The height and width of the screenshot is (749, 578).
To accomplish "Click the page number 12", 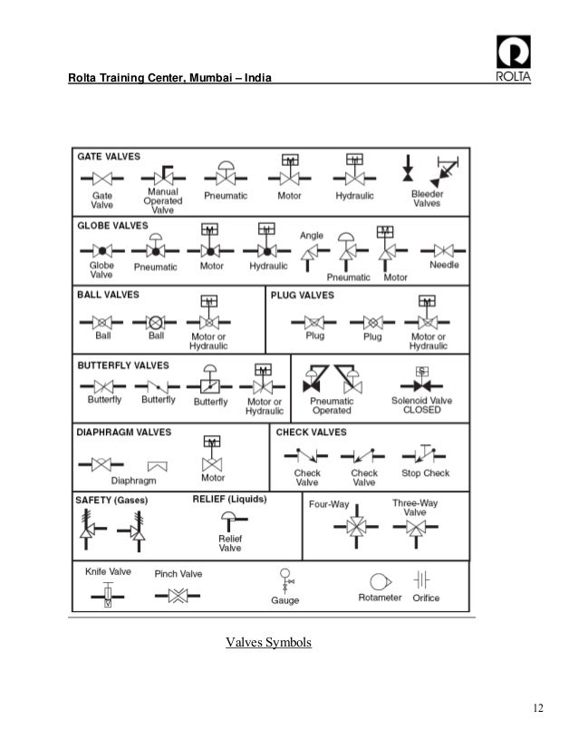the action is [x=538, y=708].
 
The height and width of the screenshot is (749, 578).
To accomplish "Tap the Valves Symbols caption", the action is [x=268, y=643].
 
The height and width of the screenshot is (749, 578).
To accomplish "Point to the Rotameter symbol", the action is [x=379, y=581].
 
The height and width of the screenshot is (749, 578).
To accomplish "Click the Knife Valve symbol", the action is [x=108, y=597].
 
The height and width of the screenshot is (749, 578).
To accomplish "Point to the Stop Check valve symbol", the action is [x=425, y=452].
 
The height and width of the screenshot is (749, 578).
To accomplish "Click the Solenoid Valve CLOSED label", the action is [x=421, y=404].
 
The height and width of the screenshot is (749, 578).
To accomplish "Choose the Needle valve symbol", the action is [x=444, y=249].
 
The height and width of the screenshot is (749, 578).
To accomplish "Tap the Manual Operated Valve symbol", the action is [x=162, y=176].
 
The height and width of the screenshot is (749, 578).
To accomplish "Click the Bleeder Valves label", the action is [x=427, y=199].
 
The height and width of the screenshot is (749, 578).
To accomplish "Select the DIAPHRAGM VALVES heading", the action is [x=123, y=433].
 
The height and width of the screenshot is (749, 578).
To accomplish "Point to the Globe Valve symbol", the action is [x=101, y=249].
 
